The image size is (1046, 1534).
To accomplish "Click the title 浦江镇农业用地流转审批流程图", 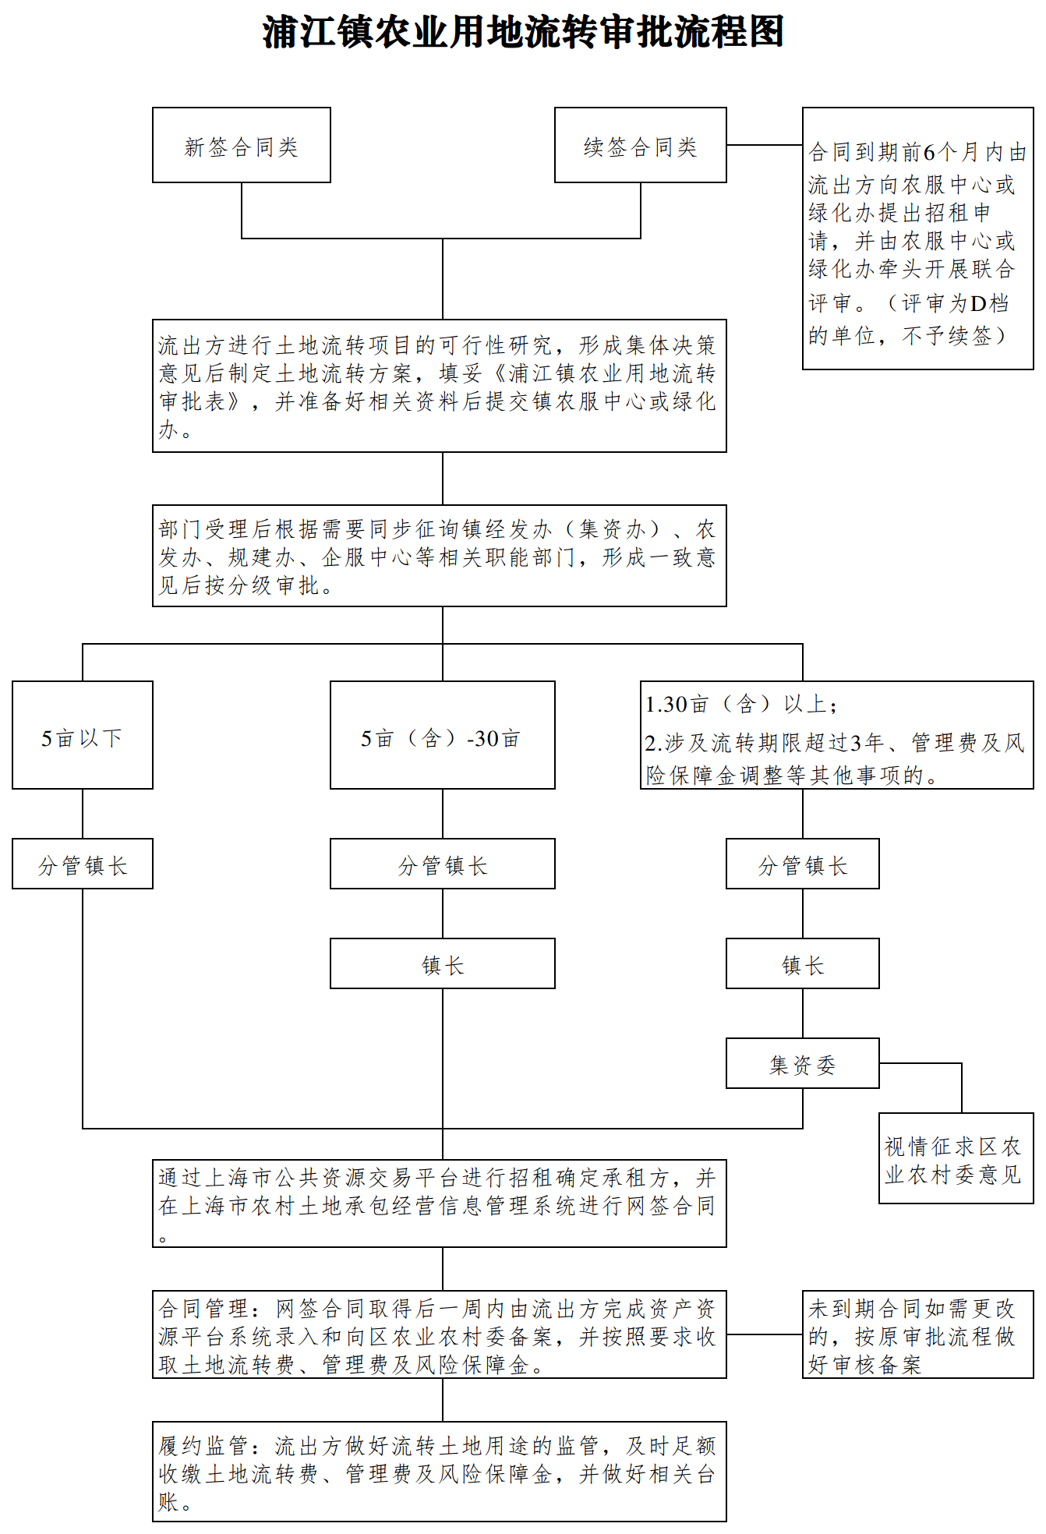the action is (523, 33).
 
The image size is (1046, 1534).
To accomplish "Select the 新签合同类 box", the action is (242, 145).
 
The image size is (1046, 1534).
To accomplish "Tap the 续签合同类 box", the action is (641, 145).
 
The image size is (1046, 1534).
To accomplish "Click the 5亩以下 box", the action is (83, 735).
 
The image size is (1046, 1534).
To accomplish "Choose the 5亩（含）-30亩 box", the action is (443, 735).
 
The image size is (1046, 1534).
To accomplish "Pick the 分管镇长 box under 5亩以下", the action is (83, 864).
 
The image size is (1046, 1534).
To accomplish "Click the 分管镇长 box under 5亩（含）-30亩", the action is (443, 864).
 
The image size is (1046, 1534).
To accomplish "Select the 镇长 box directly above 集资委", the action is (803, 963).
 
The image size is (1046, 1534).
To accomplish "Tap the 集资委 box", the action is (803, 1063).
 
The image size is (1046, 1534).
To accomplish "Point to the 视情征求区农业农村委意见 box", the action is (956, 1158).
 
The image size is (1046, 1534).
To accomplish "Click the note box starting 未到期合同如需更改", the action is (918, 1334).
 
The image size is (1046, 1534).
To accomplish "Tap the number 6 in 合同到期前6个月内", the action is (929, 152).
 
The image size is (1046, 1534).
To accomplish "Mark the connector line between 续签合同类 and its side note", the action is (765, 145).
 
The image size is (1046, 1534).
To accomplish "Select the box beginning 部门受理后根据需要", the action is (440, 556).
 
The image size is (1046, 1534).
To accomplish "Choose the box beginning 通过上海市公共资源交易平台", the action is (440, 1204).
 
